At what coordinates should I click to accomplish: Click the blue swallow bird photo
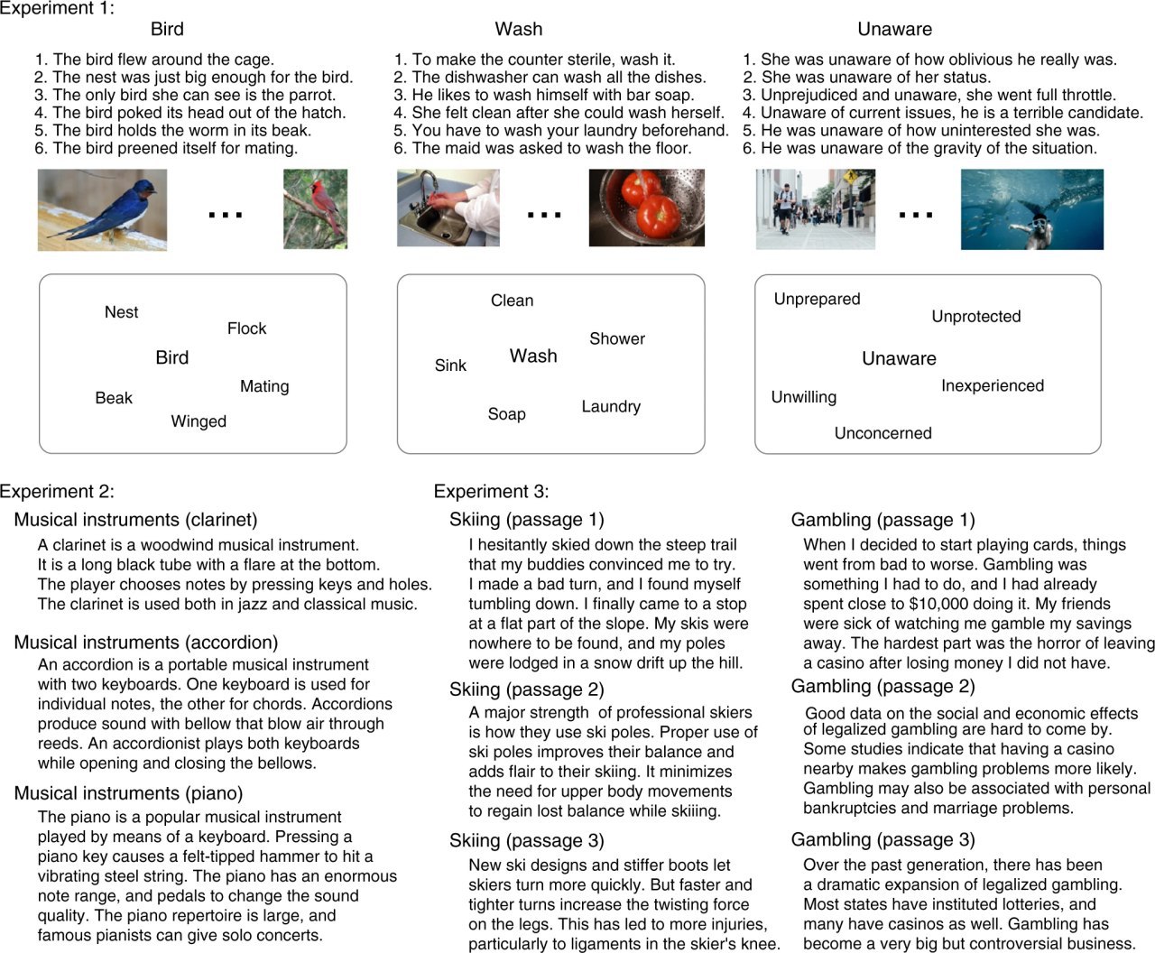(x=102, y=209)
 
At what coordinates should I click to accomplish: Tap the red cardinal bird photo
(x=315, y=209)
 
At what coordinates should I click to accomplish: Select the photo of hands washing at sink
(x=448, y=208)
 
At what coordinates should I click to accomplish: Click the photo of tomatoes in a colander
(x=646, y=208)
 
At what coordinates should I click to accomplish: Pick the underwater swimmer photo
(x=1031, y=209)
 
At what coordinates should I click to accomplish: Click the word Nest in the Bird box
(x=121, y=312)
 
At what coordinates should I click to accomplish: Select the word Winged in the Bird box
(x=199, y=421)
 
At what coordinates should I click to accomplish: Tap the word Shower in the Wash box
(x=617, y=338)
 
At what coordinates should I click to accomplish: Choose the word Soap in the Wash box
(x=506, y=414)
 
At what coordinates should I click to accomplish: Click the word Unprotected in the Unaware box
(x=975, y=317)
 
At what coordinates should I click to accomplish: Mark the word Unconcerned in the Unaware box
(x=882, y=433)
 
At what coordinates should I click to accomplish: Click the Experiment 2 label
(x=57, y=492)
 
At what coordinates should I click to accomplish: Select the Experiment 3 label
(x=491, y=492)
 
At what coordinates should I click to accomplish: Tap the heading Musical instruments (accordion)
(x=145, y=643)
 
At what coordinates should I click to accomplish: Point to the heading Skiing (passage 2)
(x=526, y=689)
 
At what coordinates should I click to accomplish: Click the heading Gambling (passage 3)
(x=882, y=840)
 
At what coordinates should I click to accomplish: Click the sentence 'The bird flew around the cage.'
(x=163, y=60)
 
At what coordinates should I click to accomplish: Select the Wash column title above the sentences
(x=519, y=29)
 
